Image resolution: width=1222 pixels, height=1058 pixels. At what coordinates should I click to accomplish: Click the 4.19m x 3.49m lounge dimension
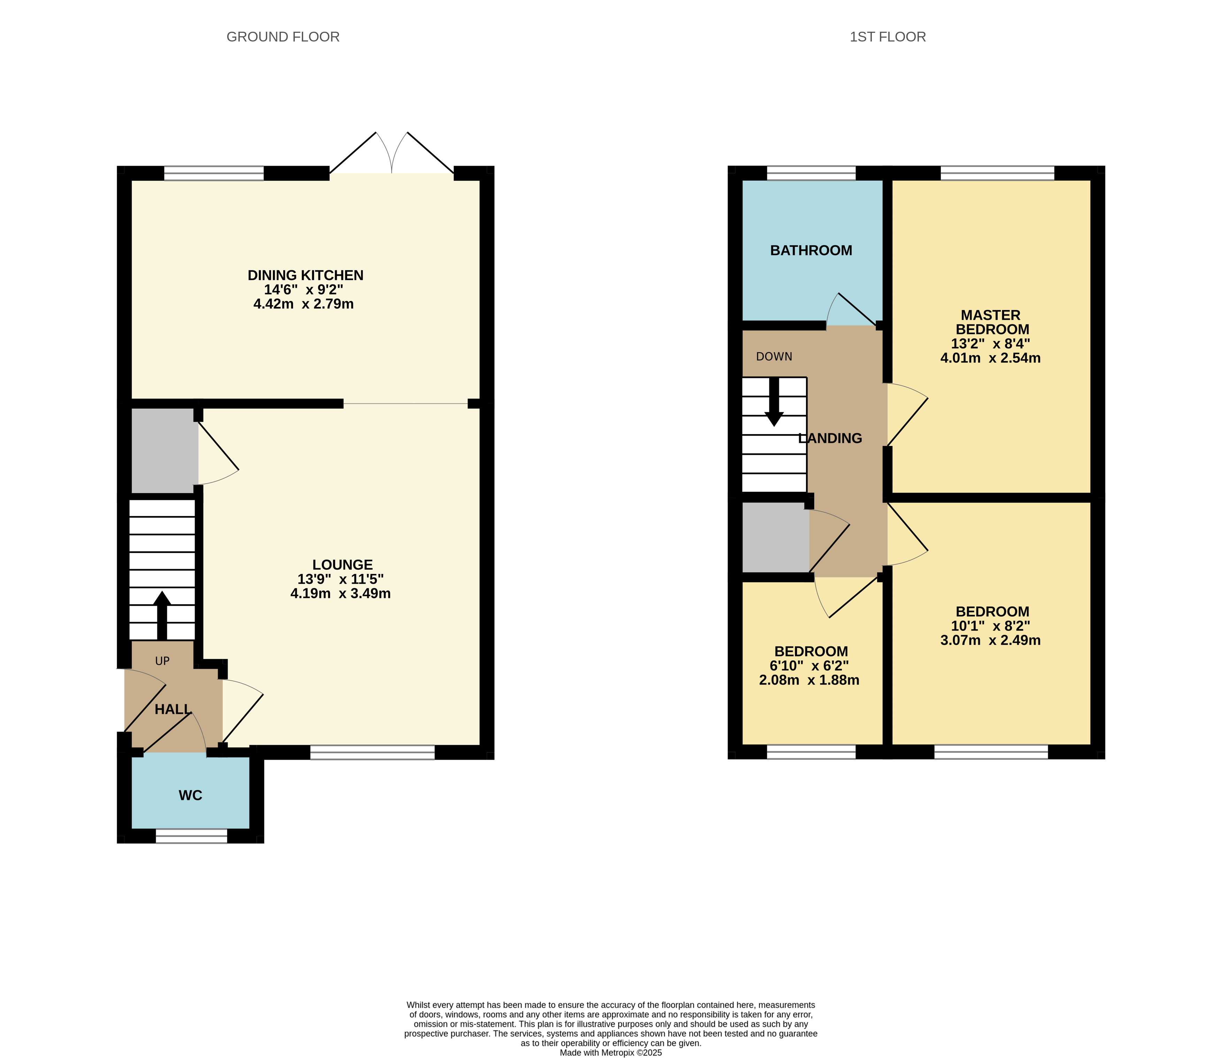(340, 594)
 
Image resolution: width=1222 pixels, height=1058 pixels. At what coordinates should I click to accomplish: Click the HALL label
(173, 709)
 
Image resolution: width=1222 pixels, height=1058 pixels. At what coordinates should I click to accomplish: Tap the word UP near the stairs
(162, 661)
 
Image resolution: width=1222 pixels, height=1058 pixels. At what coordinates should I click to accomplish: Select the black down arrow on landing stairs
(774, 401)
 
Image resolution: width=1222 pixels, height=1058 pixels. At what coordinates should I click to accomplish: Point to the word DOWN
(774, 357)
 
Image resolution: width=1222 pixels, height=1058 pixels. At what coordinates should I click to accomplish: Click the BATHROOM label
(811, 250)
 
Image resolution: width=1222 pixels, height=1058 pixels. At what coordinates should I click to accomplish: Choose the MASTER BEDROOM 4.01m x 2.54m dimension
(991, 358)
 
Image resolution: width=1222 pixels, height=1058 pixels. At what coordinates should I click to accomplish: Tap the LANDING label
(830, 438)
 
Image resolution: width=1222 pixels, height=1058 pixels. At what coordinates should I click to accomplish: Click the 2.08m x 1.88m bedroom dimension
(809, 680)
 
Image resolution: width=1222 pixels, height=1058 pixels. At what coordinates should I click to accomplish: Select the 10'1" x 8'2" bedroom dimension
(991, 626)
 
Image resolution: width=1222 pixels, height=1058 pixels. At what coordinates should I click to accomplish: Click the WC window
(191, 836)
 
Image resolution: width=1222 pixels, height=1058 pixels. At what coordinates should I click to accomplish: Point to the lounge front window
(372, 752)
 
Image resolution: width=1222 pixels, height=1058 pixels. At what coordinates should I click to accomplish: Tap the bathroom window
(811, 173)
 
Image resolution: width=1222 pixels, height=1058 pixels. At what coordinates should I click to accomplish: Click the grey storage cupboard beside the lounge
(164, 451)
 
